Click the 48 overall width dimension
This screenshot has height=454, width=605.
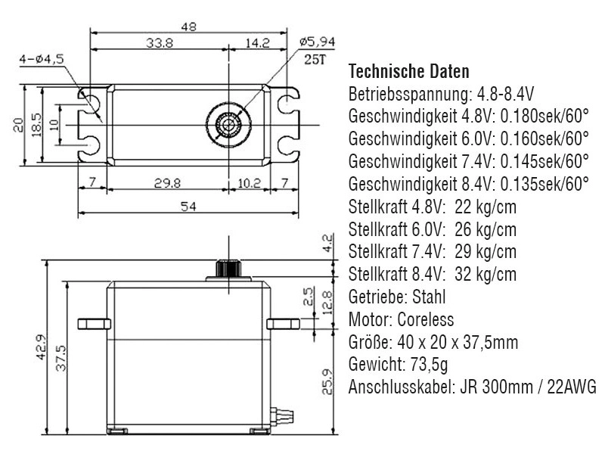coord(189,26)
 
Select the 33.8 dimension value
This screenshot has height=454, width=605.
coord(160,44)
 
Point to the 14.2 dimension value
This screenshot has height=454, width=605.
coord(257,44)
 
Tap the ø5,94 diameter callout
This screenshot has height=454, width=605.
coord(317,42)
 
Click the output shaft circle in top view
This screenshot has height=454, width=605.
coord(227,123)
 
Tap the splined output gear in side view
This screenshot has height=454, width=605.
coord(227,268)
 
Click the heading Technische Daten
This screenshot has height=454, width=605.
coord(408,72)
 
